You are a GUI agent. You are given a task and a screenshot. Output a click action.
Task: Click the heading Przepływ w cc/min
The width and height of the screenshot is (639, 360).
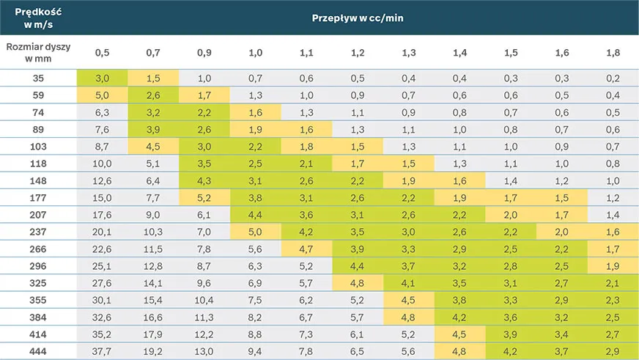point(358,18)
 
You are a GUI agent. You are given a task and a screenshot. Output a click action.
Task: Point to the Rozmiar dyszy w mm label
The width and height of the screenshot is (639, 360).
point(38,53)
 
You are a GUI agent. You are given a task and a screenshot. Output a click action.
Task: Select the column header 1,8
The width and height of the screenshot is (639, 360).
point(613,53)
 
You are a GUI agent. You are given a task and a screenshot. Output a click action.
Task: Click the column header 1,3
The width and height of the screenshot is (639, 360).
point(408,53)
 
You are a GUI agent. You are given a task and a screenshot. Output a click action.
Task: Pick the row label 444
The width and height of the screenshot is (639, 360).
point(38,351)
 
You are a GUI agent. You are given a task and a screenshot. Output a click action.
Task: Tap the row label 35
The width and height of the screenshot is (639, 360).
point(38,78)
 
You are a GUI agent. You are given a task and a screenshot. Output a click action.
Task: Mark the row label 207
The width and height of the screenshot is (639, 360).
point(38,215)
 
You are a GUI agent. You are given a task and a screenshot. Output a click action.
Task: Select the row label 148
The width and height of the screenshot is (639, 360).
point(38,180)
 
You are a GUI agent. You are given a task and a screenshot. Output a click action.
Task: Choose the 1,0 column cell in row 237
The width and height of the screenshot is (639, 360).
point(256,232)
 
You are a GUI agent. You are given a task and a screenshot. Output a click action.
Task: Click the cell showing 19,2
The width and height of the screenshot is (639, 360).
point(153,351)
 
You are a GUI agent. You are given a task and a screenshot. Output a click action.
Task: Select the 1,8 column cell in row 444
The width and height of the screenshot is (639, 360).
point(613,351)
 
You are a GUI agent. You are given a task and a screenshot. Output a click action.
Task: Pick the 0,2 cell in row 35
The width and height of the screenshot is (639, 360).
point(613,78)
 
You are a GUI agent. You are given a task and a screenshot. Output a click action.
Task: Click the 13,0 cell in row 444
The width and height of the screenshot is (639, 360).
point(204,351)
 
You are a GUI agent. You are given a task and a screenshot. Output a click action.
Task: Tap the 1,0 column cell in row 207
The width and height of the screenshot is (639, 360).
point(256,215)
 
